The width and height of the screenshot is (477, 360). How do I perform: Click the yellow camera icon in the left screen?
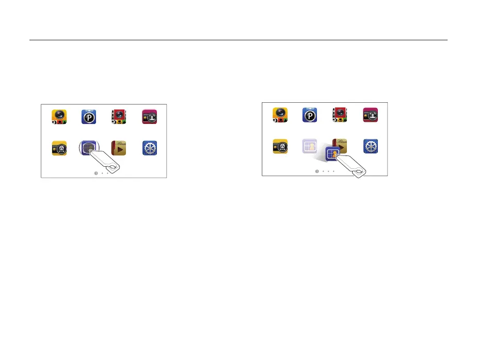coord(59,117)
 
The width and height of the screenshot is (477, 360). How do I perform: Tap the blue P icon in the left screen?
coord(89,117)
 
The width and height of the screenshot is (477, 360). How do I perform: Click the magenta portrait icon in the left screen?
coord(149,117)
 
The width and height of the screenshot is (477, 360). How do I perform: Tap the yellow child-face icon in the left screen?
coord(59,148)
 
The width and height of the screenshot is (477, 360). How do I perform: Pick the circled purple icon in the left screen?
coord(89,148)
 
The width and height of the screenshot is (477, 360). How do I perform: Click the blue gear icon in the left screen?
coord(149,148)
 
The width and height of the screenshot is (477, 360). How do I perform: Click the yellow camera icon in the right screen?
coord(280,115)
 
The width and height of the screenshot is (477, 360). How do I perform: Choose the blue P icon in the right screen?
coord(310,115)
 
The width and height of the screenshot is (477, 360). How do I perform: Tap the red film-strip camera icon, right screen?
coord(340,115)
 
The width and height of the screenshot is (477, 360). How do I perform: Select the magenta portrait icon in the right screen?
coord(370,115)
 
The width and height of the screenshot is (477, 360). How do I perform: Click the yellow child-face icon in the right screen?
coord(280,146)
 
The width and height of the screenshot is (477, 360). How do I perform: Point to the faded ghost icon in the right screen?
coord(310,146)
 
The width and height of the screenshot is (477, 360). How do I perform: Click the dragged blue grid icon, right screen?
coord(333,153)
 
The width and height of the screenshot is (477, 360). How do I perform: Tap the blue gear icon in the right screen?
coord(370,146)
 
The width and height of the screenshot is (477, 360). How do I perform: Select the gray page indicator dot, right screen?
coord(317,171)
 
